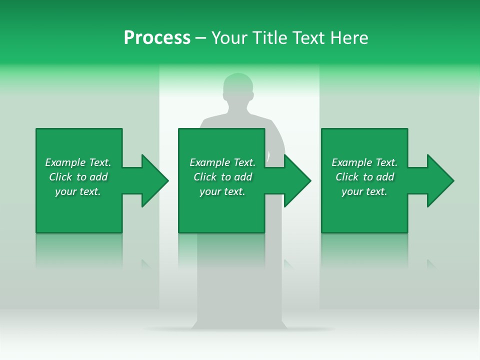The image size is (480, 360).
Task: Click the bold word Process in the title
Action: click(x=157, y=38)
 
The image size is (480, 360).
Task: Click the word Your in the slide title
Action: click(x=230, y=38)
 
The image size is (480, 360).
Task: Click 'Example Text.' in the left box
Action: click(x=78, y=162)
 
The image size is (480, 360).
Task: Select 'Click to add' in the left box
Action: click(x=78, y=177)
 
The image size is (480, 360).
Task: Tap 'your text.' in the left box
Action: click(x=78, y=191)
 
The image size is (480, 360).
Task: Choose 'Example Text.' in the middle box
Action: click(x=222, y=162)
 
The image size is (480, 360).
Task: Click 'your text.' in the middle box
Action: click(x=222, y=191)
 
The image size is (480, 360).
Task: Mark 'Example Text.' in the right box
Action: click(x=364, y=162)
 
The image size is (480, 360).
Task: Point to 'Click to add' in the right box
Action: click(x=364, y=177)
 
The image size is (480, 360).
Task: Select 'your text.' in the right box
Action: click(x=364, y=191)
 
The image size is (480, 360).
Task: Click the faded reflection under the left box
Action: click(x=79, y=250)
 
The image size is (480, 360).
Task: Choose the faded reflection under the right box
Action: click(x=364, y=250)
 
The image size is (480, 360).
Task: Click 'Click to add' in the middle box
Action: click(x=222, y=177)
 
